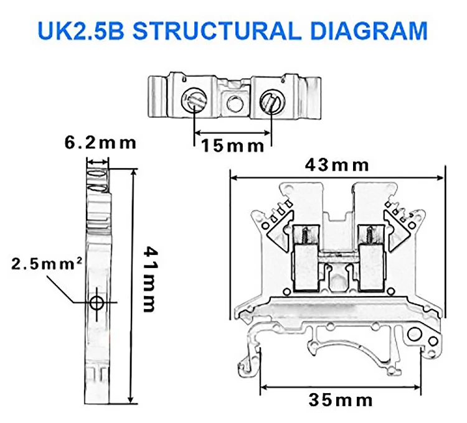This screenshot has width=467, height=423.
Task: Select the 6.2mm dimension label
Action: point(100,142)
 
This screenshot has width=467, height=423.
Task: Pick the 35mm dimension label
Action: point(342,399)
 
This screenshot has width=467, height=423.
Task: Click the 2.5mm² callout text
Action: point(47,264)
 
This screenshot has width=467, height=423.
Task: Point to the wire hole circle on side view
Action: point(97,303)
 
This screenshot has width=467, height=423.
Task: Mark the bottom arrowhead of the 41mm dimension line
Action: point(130,400)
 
